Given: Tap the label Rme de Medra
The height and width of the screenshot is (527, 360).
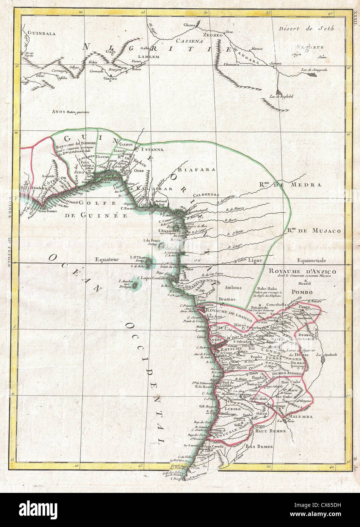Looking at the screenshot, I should coord(290,185).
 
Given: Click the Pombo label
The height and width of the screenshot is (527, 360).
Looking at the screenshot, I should coord(302,292).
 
